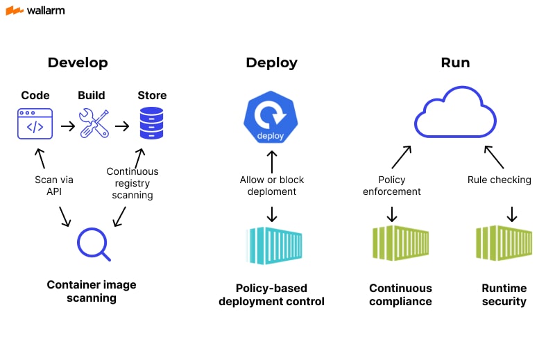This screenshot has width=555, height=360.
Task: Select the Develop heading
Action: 78,62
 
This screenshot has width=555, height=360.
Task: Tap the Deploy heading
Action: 271,62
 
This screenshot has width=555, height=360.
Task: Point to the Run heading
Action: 455,62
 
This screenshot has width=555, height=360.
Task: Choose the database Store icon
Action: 151,124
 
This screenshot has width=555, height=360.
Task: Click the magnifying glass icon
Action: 94,244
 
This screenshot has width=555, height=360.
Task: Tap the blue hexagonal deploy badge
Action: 271,119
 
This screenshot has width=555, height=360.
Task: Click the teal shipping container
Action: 271,245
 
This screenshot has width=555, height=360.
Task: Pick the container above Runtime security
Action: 504,242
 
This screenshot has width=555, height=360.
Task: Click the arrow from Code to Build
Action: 67,126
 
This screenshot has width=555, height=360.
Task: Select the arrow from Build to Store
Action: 122,126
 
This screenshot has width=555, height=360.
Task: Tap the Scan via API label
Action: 53,186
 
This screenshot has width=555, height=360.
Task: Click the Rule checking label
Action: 499,180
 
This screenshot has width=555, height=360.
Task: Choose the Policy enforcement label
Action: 392,186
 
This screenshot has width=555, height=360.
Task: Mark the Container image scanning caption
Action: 92,291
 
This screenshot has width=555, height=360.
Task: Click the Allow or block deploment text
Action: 271,186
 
